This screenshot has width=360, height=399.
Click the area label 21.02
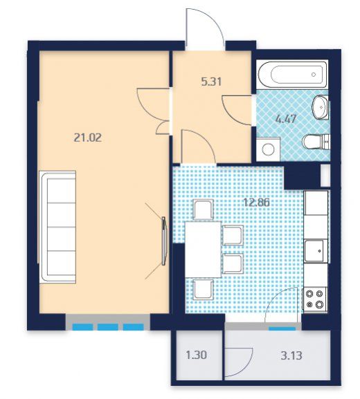(x=88, y=138)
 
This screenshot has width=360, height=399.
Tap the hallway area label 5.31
(x=211, y=82)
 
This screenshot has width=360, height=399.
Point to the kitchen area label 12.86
(x=257, y=203)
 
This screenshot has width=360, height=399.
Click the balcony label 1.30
(x=197, y=355)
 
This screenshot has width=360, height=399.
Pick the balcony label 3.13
(x=291, y=355)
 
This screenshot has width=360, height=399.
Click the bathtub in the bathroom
(x=292, y=75)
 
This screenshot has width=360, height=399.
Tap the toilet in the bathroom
(x=316, y=142)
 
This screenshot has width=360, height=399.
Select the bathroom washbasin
(x=321, y=107)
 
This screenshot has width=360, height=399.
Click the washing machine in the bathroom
(x=268, y=149)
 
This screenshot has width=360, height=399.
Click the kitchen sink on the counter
(x=315, y=250)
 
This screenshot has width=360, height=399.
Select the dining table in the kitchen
(x=203, y=250)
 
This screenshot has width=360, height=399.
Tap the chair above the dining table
(x=203, y=210)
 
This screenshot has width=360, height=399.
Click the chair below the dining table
(x=203, y=290)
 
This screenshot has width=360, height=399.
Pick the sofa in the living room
(x=58, y=227)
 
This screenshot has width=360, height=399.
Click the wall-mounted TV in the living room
(x=164, y=241)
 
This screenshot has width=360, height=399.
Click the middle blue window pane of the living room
(x=108, y=327)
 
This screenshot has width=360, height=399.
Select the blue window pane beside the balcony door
(x=282, y=329)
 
